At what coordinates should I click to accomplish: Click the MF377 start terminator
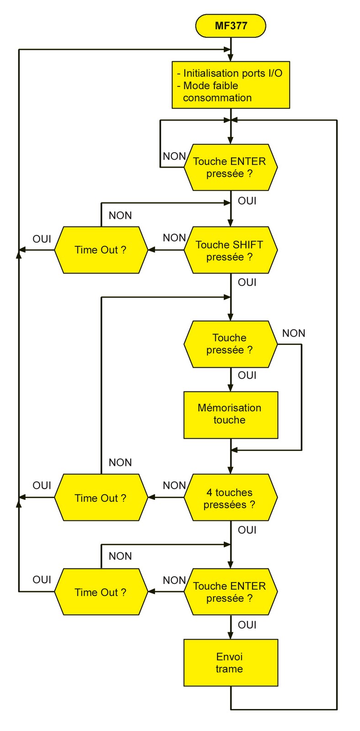tap(231, 26)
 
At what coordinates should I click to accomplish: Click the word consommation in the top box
tap(217, 98)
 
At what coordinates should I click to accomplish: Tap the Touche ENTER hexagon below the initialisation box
tap(230, 167)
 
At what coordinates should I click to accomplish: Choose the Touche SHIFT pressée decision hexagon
tap(230, 250)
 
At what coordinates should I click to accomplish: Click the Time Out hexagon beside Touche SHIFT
tap(101, 250)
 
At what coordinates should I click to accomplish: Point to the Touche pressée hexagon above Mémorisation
tap(230, 344)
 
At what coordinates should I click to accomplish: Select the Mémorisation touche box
tap(231, 414)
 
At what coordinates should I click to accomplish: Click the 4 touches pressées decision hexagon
tap(230, 498)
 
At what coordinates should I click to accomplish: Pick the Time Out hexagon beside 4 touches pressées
tap(101, 498)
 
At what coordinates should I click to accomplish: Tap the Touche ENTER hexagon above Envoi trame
tap(230, 592)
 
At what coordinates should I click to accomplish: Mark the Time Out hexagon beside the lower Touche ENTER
tap(101, 592)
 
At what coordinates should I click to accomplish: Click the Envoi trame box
tap(231, 662)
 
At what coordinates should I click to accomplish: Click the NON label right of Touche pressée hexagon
tap(294, 334)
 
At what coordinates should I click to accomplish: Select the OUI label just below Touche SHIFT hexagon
tap(247, 282)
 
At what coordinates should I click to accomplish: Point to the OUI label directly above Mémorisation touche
tap(247, 375)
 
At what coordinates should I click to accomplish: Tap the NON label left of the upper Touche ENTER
tap(174, 156)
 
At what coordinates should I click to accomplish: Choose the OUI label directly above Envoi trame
tap(247, 625)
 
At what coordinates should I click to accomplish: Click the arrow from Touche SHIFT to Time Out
tap(166, 250)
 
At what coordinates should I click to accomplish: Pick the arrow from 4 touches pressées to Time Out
tap(166, 498)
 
